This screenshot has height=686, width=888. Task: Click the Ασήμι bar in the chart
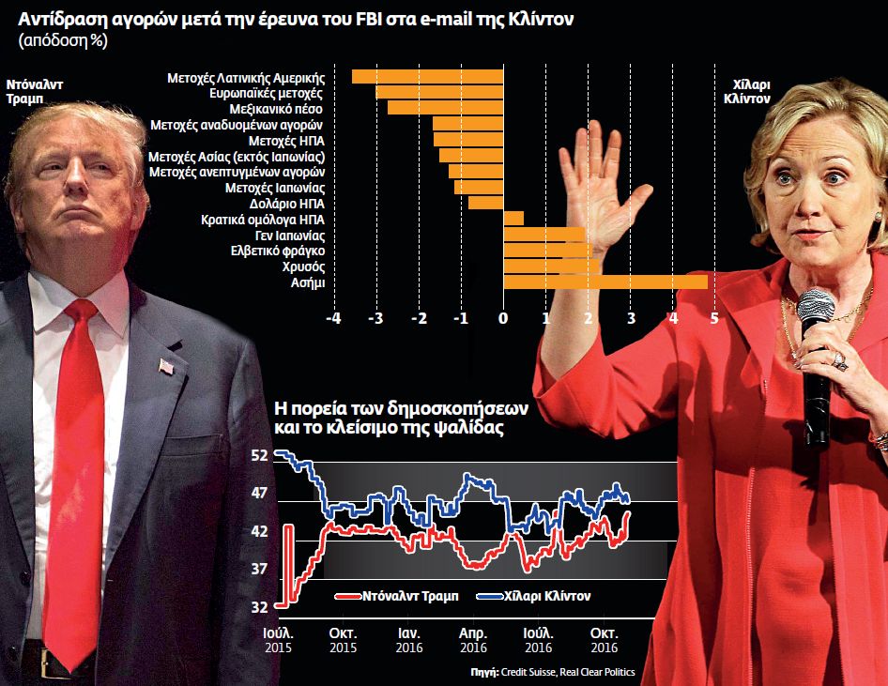pos(605,282)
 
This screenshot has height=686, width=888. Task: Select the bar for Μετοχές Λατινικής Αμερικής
pos(428,76)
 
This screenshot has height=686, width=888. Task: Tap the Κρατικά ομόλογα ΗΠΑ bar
pos(513,219)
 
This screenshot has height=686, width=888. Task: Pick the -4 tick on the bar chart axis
pos(333,318)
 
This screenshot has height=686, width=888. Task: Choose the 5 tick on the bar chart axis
pos(715,318)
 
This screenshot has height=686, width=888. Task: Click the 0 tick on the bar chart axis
pos(503,318)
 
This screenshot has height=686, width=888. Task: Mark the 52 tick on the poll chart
pos(259,455)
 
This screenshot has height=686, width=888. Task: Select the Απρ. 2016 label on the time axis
pos(473,640)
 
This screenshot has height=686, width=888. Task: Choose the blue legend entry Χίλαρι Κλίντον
pos(535,596)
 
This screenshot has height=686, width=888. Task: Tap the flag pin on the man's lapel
pos(167,367)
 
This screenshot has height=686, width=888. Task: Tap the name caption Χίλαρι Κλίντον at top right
pos(751,90)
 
